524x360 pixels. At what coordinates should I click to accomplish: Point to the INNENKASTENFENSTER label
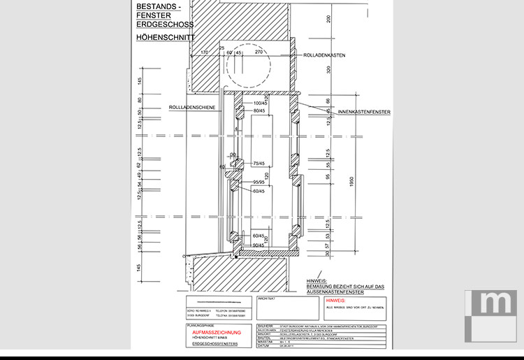pos(363,111)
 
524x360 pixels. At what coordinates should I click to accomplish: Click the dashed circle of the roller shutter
pos(247,71)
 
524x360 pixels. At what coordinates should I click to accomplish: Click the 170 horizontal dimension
pos(204,52)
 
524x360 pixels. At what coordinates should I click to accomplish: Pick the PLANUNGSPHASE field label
pos(196,326)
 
